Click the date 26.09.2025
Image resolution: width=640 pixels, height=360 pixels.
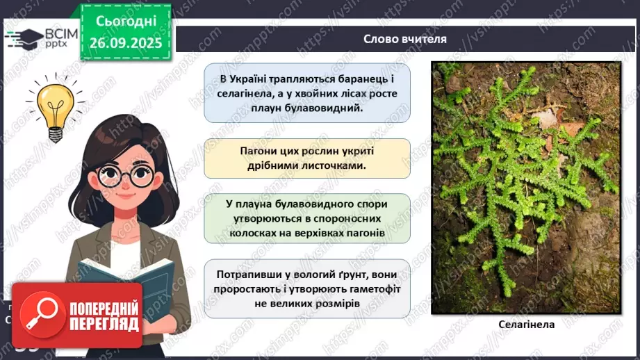126,43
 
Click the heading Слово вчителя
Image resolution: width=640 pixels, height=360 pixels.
404,39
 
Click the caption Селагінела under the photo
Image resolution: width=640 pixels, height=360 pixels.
526,324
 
